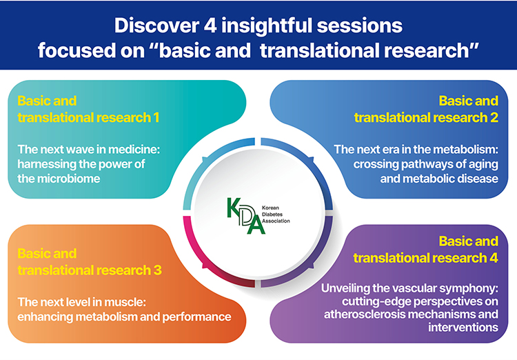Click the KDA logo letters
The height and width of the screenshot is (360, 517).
(x=245, y=216)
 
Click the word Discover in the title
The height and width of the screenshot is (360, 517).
(x=155, y=26)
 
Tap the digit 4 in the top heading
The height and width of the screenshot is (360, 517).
(x=210, y=26)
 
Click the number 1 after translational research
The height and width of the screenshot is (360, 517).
(x=156, y=117)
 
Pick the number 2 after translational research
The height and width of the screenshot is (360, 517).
(x=494, y=117)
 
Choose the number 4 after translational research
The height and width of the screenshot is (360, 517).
(x=494, y=258)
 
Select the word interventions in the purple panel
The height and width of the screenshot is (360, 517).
(x=463, y=328)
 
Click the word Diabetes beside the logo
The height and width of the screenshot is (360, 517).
(x=272, y=214)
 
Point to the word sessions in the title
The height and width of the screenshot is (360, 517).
(x=359, y=26)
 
